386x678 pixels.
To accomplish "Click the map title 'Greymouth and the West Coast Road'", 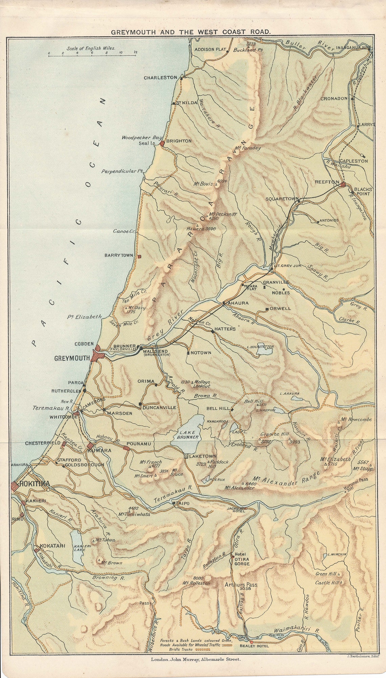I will pyautogui.click(x=191, y=32).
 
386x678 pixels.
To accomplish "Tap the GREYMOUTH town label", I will pyautogui.click(x=72, y=358).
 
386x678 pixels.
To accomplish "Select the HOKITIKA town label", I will pyautogui.click(x=35, y=484).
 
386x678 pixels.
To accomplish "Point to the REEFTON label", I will pyautogui.click(x=327, y=182).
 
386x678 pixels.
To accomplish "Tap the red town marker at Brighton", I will pyautogui.click(x=162, y=144).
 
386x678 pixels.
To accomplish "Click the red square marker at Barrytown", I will pyautogui.click(x=140, y=257).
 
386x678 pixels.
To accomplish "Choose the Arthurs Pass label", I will pyautogui.click(x=241, y=585).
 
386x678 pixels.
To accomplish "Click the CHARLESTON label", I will pyautogui.click(x=160, y=78).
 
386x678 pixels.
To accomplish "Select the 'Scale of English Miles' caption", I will pyautogui.click(x=91, y=48).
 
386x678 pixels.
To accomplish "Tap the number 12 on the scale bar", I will pyautogui.click(x=135, y=52).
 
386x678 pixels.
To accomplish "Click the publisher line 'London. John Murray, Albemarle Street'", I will pyautogui.click(x=196, y=659).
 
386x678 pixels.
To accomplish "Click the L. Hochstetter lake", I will pyautogui.click(x=264, y=351).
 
